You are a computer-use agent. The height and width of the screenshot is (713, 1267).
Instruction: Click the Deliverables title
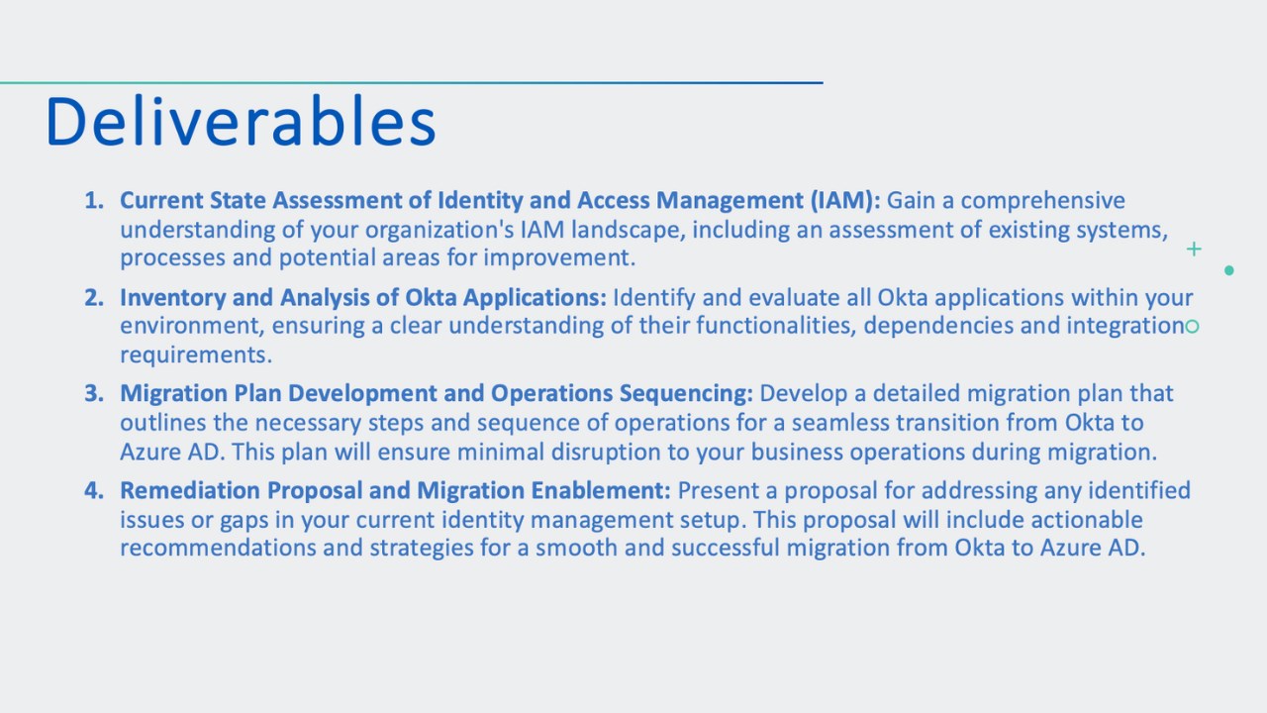point(241,121)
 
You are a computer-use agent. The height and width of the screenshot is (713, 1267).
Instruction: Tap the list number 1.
point(94,200)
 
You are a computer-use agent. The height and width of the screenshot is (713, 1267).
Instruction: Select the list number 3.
point(94,393)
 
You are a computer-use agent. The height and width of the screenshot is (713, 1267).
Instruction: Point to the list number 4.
point(94,490)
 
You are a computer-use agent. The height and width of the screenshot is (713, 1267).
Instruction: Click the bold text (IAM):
point(845,201)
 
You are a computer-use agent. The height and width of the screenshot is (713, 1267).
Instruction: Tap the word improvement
point(559,258)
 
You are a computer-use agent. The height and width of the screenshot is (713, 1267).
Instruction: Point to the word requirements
point(196,356)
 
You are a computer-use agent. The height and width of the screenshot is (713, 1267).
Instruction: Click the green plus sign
point(1194,249)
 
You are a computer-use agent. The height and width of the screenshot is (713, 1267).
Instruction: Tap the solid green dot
point(1229,270)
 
